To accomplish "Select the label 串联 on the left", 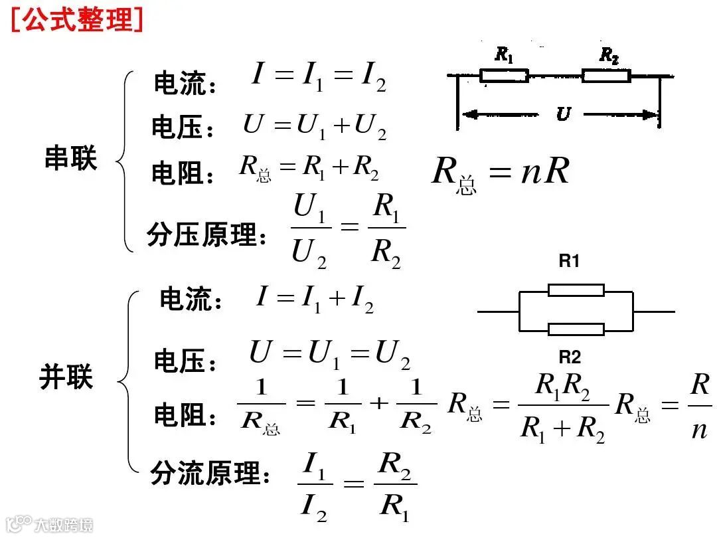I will [x=70, y=159].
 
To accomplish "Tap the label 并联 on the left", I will [x=66, y=377].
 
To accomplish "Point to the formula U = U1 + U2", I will [x=315, y=126].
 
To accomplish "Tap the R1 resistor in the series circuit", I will [x=504, y=75].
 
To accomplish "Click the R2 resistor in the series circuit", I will [x=606, y=75].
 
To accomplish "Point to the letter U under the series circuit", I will [x=562, y=114].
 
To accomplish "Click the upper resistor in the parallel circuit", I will [x=576, y=290].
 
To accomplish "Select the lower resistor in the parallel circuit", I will [x=576, y=329].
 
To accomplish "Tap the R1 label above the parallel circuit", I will [x=569, y=262].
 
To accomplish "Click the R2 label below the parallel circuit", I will [x=569, y=358].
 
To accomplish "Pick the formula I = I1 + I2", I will [x=315, y=300].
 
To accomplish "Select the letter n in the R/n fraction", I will [x=699, y=430].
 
